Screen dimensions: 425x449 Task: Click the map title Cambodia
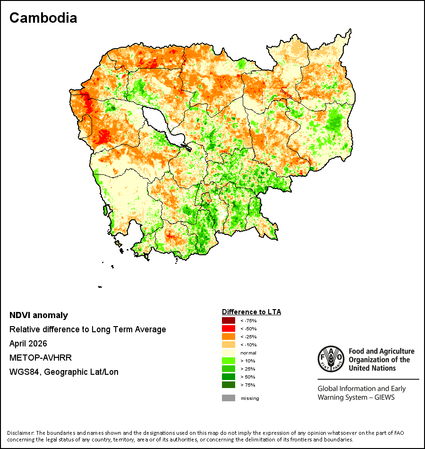tap(43, 18)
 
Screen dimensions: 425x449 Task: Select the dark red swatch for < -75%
tap(229, 320)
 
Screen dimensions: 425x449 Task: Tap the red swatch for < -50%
tap(229, 328)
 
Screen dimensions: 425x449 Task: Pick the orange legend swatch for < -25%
tap(229, 337)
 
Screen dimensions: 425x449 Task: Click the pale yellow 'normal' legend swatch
tap(229, 353)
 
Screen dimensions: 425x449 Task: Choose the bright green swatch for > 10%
tap(229, 361)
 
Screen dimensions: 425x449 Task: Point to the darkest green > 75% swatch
tap(229, 385)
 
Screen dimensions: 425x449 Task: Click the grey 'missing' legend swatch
tap(229, 398)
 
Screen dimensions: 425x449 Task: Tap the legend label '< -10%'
tap(248, 345)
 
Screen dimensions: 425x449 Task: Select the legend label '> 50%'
tap(248, 377)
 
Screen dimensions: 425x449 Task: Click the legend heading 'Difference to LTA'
tap(251, 312)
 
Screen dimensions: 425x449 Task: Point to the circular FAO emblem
tap(331, 359)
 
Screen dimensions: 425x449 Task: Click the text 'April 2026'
tap(28, 343)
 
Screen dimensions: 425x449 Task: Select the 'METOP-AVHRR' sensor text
tap(41, 358)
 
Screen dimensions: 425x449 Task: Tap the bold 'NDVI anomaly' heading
tap(39, 315)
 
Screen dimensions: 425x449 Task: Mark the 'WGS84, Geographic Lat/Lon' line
tap(64, 372)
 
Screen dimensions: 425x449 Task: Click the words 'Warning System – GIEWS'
tap(356, 397)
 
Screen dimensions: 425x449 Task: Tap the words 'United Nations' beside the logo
tap(372, 368)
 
